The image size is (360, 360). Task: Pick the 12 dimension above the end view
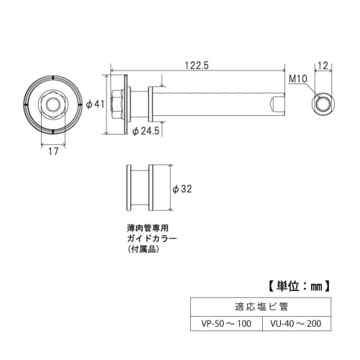[322, 66]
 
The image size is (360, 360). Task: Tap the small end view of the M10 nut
[322, 104]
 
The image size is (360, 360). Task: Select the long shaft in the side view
[216, 104]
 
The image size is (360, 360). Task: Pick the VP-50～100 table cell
[226, 325]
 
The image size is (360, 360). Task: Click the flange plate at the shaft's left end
[127, 104]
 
